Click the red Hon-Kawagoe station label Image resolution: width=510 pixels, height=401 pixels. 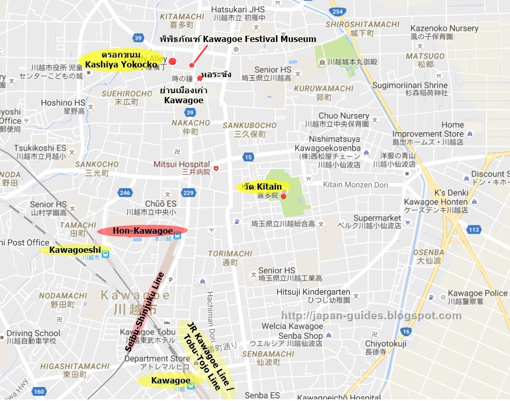(142, 231)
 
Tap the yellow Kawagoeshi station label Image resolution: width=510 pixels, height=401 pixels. (75, 250)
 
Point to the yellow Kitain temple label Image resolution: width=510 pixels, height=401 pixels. (263, 187)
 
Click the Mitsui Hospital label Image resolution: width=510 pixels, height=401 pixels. (181, 164)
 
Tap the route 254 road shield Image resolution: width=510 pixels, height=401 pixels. (337, 11)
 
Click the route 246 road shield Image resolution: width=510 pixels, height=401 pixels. (125, 193)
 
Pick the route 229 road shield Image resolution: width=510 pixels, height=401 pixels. (188, 193)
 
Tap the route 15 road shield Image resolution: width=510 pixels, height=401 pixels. (249, 156)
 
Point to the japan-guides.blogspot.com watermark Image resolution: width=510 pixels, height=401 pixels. (371, 316)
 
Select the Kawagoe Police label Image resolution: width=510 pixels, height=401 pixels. (477, 293)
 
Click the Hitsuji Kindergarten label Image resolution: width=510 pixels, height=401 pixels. (313, 292)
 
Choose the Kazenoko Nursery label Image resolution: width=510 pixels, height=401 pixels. (444, 28)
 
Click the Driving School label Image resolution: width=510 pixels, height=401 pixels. (33, 333)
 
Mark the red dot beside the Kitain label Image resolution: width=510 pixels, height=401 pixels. (283, 196)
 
